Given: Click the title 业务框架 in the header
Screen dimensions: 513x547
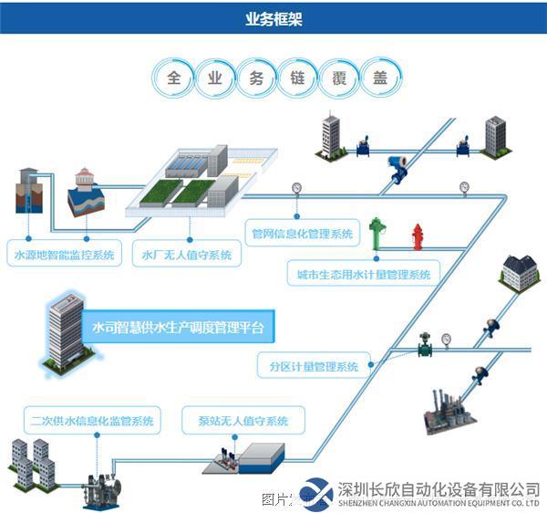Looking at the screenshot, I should (x=273, y=18).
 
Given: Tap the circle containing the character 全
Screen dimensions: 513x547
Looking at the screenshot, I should (x=172, y=77).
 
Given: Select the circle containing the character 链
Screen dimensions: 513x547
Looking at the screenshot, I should (x=298, y=77).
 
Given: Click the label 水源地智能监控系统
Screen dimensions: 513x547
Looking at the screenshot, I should (x=66, y=255).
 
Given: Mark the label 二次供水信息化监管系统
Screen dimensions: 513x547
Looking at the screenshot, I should (x=90, y=422).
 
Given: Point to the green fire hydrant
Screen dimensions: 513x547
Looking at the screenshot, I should (x=376, y=232).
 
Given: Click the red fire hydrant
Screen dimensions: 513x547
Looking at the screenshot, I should (x=418, y=236).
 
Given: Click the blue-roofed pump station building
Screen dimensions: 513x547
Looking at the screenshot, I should (x=258, y=454).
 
